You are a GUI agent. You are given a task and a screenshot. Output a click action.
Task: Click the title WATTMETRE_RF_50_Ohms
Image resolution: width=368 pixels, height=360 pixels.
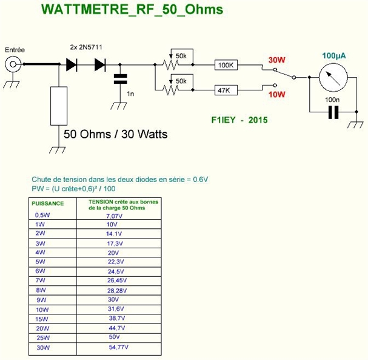point(131,10)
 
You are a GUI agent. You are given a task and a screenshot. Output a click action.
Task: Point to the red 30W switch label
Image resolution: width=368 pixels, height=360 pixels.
point(277,60)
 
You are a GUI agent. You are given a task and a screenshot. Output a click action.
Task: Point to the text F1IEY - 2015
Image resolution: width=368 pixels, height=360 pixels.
point(235,120)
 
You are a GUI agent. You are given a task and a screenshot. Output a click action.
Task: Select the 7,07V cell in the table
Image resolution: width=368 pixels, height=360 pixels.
point(115,216)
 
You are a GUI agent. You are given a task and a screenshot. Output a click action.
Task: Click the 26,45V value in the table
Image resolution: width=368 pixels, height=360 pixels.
point(118,280)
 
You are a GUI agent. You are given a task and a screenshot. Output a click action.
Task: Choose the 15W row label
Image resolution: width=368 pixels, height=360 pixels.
point(42,318)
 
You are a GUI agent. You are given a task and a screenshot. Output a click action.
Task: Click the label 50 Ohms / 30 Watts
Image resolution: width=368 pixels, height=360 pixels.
point(116,134)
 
